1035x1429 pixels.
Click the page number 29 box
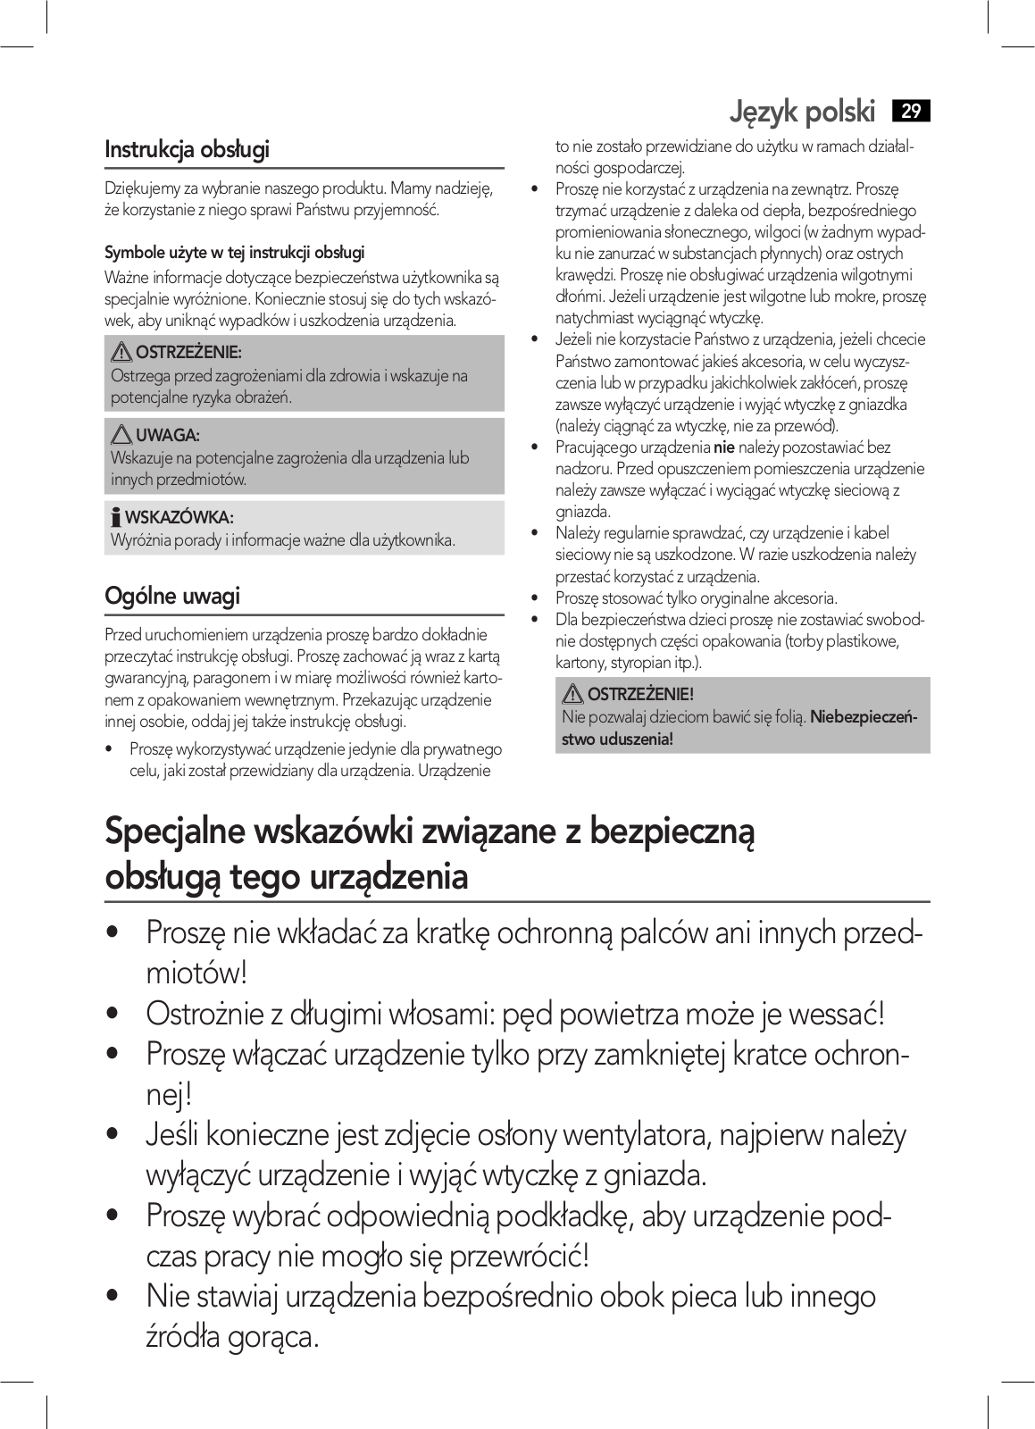[x=911, y=112]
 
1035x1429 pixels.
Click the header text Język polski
[x=802, y=112]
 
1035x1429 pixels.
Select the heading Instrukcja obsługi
[x=187, y=149]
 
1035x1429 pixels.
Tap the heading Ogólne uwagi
[x=172, y=596]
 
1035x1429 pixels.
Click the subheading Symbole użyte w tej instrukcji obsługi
[x=235, y=253]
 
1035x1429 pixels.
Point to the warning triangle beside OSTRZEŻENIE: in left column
[x=122, y=354]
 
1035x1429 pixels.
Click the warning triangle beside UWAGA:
[x=122, y=436]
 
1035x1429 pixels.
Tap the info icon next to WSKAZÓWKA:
[x=115, y=517]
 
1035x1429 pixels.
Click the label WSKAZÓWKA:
[x=179, y=518]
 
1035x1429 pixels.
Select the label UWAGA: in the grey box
[x=168, y=436]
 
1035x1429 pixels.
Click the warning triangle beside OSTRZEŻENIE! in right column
[x=573, y=694]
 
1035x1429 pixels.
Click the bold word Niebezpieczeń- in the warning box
[x=864, y=717]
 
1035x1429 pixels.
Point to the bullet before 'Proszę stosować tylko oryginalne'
[x=534, y=598]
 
